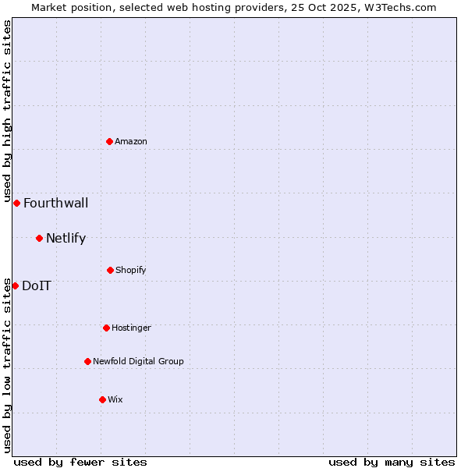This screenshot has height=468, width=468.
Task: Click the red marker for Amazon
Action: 110,141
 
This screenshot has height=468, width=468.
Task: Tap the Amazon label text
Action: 131,141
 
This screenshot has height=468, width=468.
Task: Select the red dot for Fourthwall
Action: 16,203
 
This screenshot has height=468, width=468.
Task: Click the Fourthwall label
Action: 55,204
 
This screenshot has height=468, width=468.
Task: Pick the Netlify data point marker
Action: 39,238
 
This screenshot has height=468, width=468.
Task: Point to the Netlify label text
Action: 66,239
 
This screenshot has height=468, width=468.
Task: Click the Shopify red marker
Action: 110,270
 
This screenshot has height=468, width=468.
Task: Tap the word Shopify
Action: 131,271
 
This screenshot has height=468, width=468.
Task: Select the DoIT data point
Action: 15,285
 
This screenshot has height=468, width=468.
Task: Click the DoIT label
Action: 37,286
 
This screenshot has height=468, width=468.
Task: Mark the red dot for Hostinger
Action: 106,328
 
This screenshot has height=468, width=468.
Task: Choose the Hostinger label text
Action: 131,328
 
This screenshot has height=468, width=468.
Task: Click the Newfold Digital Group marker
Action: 87,361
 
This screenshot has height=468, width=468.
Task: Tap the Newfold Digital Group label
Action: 138,361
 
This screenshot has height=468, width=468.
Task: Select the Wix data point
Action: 102,399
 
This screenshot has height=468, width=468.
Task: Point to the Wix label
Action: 115,399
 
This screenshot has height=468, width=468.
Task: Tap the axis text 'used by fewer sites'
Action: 80,462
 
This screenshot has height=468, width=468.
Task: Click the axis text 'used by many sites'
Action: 392,462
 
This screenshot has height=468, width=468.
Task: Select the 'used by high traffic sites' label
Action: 7,110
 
